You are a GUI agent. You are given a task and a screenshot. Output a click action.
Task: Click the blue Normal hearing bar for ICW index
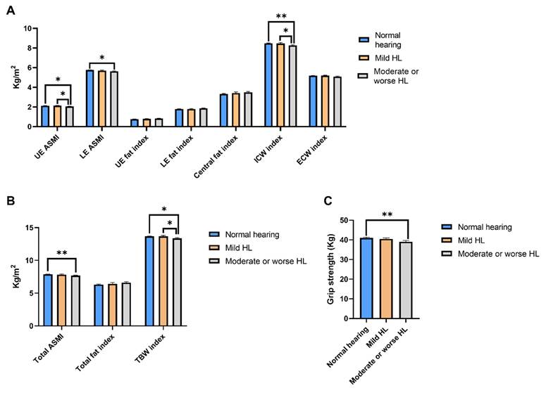coord(268,85)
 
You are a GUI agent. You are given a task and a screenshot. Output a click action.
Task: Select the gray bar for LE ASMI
coord(114,99)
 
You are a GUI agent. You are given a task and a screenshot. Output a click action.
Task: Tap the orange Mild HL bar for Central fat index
coord(236,110)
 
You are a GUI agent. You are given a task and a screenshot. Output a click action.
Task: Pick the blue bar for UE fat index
coord(135,123)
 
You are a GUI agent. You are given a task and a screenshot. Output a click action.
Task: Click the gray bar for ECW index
coord(337,102)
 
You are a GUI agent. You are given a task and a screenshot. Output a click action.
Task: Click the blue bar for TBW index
coord(149,281)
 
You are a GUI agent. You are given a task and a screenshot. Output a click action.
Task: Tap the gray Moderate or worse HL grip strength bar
coord(406,281)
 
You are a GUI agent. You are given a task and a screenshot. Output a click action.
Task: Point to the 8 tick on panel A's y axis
coord(35,48)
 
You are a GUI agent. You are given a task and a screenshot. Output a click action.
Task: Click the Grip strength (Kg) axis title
coord(330,269)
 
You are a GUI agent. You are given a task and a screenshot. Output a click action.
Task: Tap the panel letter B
coord(11,201)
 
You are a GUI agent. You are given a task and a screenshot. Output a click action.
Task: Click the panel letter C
coord(328,201)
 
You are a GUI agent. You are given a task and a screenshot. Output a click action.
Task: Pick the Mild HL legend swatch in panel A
coord(364,58)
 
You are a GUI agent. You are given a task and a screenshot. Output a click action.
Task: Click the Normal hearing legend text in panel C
coord(485,227)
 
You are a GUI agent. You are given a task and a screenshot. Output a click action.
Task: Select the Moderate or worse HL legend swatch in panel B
coord(213,261)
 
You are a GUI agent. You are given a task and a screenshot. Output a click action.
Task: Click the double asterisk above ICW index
coord(281,16)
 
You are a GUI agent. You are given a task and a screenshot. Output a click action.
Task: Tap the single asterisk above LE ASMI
coord(102,58)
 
